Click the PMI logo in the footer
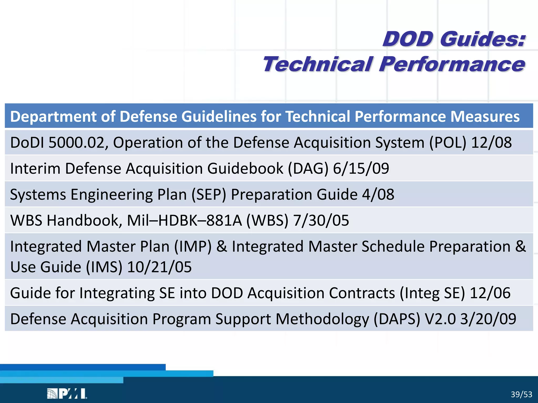[67, 394]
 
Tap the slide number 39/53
[521, 394]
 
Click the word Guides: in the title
[483, 39]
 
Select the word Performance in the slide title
[452, 64]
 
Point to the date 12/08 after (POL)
[491, 143]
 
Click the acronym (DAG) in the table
[308, 168]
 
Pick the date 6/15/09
[361, 168]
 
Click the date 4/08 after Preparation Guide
[378, 195]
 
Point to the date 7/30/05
[321, 220]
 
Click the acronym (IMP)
[193, 247]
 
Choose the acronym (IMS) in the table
[104, 267]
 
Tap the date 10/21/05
[159, 267]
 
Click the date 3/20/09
[488, 319]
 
